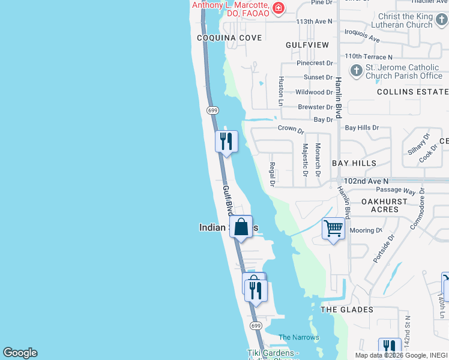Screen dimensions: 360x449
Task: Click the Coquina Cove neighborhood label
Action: coord(230,38)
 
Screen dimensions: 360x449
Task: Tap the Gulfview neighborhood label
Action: coord(307,45)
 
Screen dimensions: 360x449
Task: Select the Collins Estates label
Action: coord(412,92)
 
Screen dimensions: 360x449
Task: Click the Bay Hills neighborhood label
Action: coord(354,163)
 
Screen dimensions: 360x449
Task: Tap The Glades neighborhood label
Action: coord(347,310)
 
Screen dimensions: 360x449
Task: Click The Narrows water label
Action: coord(299,337)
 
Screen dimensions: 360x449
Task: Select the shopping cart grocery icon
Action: coord(333,229)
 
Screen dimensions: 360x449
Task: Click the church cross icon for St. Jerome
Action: coord(356,71)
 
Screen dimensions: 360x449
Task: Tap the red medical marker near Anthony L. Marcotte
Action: coord(278,8)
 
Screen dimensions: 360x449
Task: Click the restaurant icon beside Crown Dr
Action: coord(226,142)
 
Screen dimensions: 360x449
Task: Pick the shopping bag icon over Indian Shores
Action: coord(241,227)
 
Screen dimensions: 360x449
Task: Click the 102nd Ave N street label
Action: coord(366,181)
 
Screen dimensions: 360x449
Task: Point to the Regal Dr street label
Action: coord(273,173)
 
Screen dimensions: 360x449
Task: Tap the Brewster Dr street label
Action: coord(315,107)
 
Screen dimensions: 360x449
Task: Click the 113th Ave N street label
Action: coord(314,22)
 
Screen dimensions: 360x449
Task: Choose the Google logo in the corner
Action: coord(20,353)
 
